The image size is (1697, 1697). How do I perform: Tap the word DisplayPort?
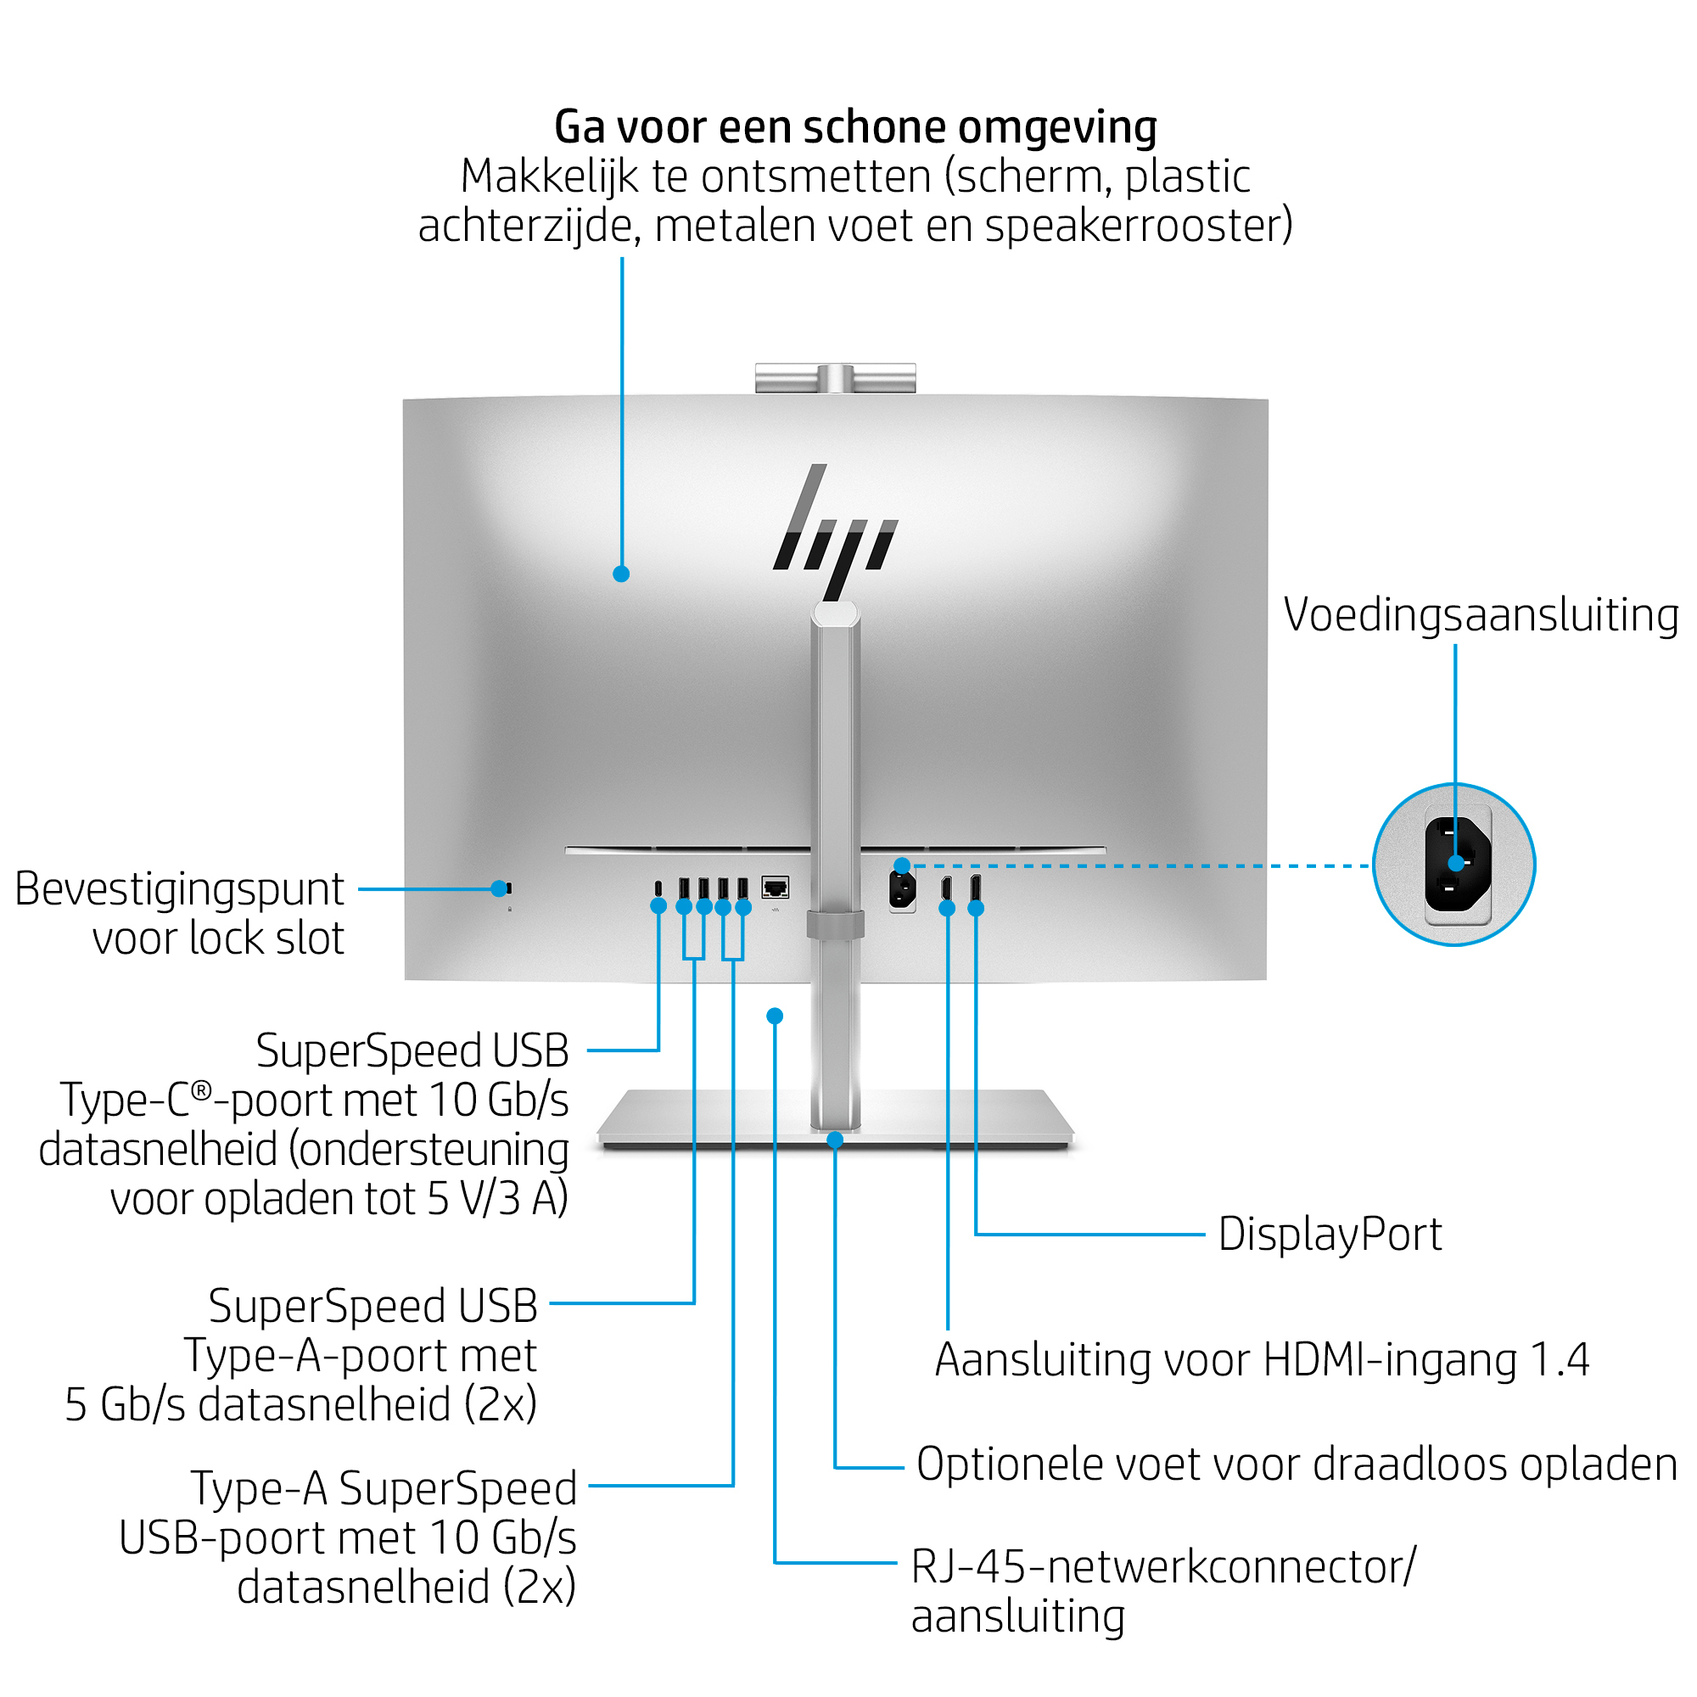point(1329,1234)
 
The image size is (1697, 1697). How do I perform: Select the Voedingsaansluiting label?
point(1480,615)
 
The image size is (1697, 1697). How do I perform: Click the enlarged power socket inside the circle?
point(1457,865)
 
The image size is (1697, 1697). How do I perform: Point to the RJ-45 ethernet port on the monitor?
point(775,888)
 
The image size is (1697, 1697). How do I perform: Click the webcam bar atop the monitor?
point(835,378)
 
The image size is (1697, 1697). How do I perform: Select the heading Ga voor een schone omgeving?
point(854,126)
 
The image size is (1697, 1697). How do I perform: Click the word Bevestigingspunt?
point(179,889)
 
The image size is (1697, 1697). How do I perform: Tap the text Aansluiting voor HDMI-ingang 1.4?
point(1262,1359)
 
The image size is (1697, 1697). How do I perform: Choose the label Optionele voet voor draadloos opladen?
point(1297,1465)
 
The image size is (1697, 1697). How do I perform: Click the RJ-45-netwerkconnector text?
point(1162,1567)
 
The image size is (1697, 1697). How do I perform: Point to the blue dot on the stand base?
point(835,1140)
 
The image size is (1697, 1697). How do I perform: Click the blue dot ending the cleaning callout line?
point(621,574)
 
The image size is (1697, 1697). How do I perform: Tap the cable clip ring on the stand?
point(835,924)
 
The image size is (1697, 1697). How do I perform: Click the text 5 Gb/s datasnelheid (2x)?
point(300,1404)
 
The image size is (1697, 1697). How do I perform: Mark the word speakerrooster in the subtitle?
point(1138,226)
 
